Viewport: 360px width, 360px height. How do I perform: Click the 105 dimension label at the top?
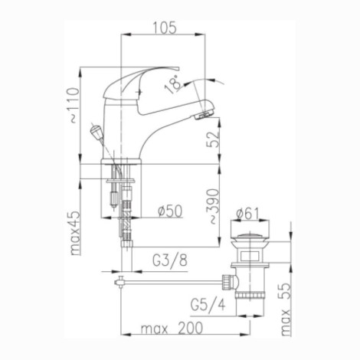(x=165, y=28)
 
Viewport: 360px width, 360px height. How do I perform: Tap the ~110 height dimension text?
(x=74, y=106)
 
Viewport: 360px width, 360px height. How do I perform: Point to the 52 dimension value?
(x=213, y=139)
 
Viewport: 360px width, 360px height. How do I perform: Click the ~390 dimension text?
(x=213, y=206)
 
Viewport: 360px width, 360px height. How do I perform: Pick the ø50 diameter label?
(x=170, y=211)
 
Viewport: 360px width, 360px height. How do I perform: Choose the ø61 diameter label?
(x=247, y=214)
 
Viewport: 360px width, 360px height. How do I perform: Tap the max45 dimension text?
(x=76, y=234)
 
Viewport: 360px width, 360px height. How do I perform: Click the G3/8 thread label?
(x=170, y=260)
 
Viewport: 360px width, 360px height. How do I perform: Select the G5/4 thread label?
(x=208, y=305)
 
